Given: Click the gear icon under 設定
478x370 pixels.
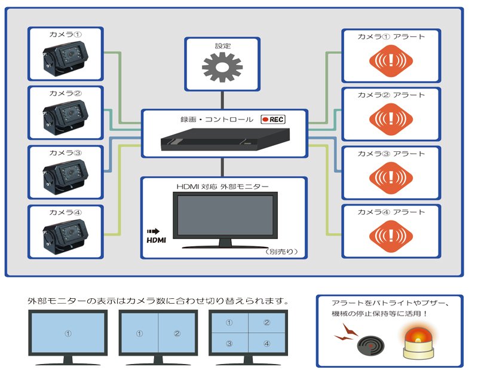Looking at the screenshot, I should pyautogui.click(x=222, y=68).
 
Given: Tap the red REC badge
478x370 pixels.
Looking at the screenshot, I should pyautogui.click(x=273, y=120).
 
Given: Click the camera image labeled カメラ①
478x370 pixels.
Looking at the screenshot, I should pyautogui.click(x=66, y=60).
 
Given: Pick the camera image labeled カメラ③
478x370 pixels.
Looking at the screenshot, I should pyautogui.click(x=66, y=176).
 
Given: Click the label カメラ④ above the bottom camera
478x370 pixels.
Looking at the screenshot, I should pyautogui.click(x=66, y=211).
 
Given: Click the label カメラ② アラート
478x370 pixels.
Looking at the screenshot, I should pyautogui.click(x=391, y=95).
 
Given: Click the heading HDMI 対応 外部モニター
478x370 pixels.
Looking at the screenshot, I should pyautogui.click(x=222, y=186).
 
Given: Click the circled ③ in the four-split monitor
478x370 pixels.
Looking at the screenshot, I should pyautogui.click(x=228, y=344).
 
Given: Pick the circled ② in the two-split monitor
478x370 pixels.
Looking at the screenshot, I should pyautogui.click(x=177, y=334).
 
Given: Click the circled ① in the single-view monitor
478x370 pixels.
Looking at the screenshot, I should pyautogui.click(x=68, y=334).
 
